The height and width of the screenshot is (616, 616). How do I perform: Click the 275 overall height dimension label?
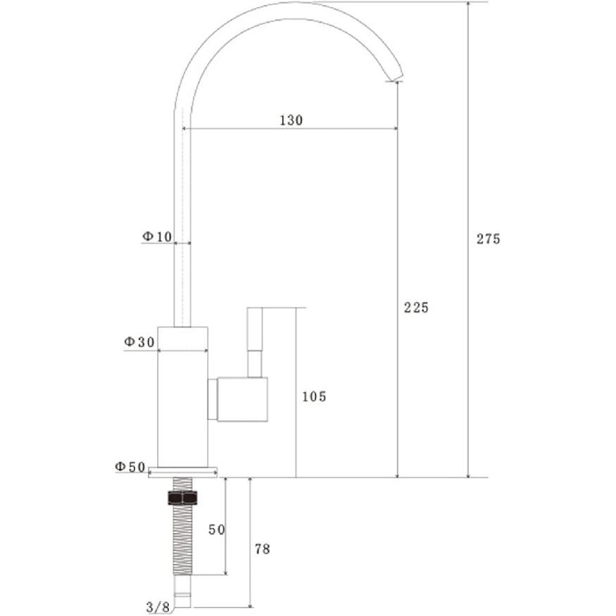pos(489,239)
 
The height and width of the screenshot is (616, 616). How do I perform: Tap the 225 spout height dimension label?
pos(417,308)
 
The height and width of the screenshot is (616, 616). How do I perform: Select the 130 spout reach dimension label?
pos(291,120)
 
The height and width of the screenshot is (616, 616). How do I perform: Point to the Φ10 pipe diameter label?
pos(157,237)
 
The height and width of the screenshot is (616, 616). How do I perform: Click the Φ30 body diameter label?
pos(139,342)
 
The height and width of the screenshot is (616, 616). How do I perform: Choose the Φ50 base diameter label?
pos(130,467)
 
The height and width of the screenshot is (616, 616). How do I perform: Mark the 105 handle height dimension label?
pos(314,397)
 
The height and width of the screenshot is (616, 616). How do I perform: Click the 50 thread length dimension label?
pos(216,530)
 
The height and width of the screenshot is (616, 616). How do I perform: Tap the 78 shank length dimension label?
pos(263,549)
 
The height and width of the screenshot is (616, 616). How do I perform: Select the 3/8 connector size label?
pos(158,607)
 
